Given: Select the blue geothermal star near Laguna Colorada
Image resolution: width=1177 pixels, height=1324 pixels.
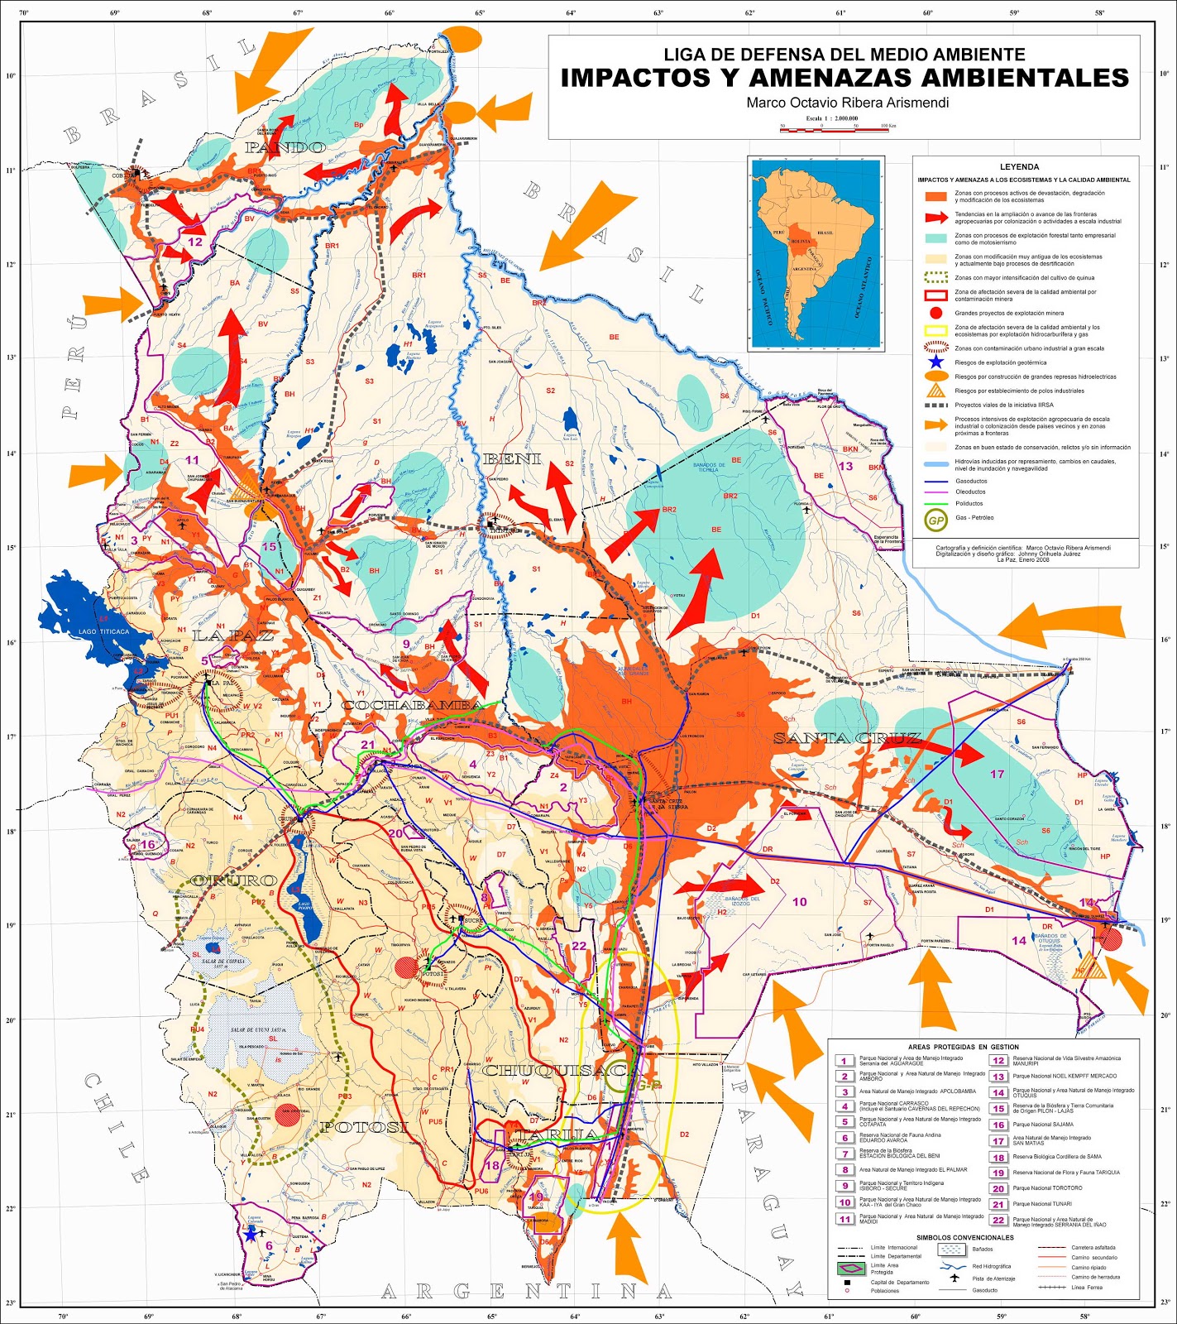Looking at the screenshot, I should click(x=251, y=1234).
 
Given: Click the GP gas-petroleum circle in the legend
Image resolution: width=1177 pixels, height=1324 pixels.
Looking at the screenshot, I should click(x=935, y=520).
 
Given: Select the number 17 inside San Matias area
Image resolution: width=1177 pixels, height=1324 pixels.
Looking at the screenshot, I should click(x=997, y=774).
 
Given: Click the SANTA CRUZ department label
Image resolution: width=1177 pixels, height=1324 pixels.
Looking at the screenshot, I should click(x=847, y=738).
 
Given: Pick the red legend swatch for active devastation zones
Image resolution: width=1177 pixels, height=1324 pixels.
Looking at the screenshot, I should click(x=935, y=197).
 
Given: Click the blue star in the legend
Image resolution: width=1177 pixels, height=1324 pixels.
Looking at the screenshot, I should click(x=935, y=362).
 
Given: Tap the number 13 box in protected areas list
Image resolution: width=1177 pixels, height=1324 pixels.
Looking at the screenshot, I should click(x=998, y=1077).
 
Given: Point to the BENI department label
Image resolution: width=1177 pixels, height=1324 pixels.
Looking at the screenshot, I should click(x=511, y=459).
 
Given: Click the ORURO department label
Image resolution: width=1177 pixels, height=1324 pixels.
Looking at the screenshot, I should click(x=234, y=880).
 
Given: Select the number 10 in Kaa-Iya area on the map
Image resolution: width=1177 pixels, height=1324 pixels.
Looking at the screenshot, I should click(x=799, y=902).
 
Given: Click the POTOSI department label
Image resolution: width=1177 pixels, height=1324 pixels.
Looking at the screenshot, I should click(x=364, y=1127).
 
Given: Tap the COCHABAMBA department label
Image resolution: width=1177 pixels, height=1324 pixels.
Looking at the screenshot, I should click(x=412, y=705).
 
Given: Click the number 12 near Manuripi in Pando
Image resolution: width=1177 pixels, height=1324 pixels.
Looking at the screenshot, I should click(x=195, y=242).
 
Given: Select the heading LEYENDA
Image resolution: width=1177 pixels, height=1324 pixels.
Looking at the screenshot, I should click(x=1019, y=167).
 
